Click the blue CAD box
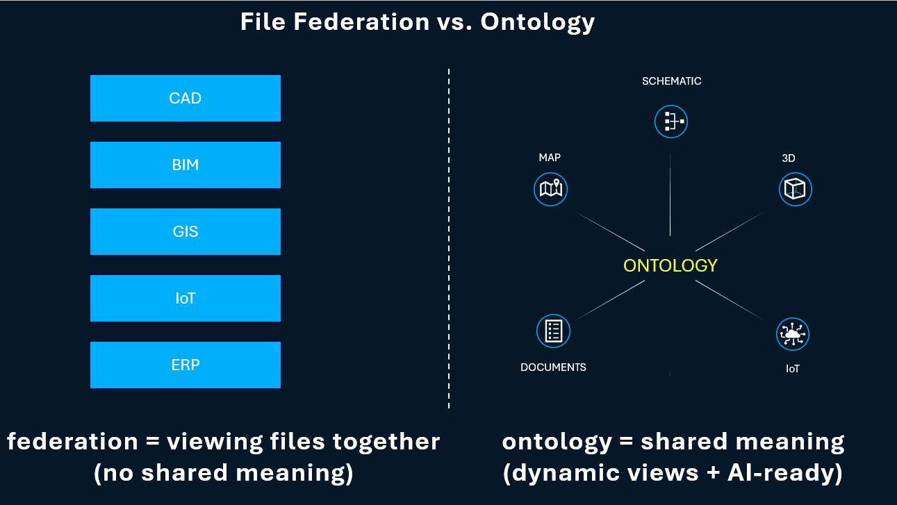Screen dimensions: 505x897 pos(186,98)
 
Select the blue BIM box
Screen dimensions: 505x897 pos(186,165)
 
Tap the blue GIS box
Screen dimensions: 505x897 pos(186,231)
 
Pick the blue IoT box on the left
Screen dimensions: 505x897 pos(186,298)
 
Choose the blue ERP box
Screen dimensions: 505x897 pos(186,365)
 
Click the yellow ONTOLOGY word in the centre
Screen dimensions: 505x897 pos(670,265)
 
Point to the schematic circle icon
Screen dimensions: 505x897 pos(670,121)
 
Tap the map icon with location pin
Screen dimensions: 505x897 pos(551,188)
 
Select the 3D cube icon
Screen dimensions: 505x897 pos(795,188)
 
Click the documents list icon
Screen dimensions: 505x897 pos(553,331)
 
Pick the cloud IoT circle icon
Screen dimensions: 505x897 pos(792,334)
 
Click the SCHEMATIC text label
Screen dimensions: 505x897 pos(671,81)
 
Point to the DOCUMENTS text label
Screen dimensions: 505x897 pos(553,367)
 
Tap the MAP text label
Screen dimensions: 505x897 pos(550,158)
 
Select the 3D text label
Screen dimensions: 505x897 pos(788,158)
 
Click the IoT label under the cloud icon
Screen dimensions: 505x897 pos(792,369)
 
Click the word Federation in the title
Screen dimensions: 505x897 pos(361,22)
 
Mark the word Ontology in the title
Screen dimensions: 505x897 pos(538,22)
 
